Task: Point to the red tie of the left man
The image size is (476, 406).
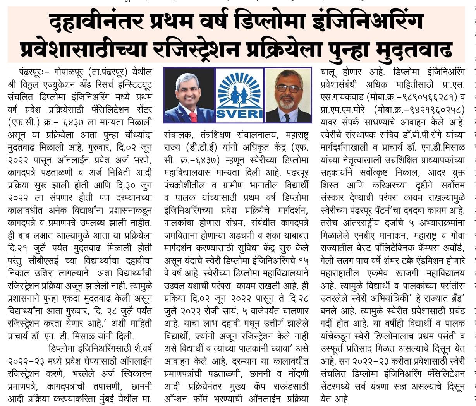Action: (x=192, y=116)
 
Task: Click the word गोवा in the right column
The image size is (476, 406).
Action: (x=456, y=236)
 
